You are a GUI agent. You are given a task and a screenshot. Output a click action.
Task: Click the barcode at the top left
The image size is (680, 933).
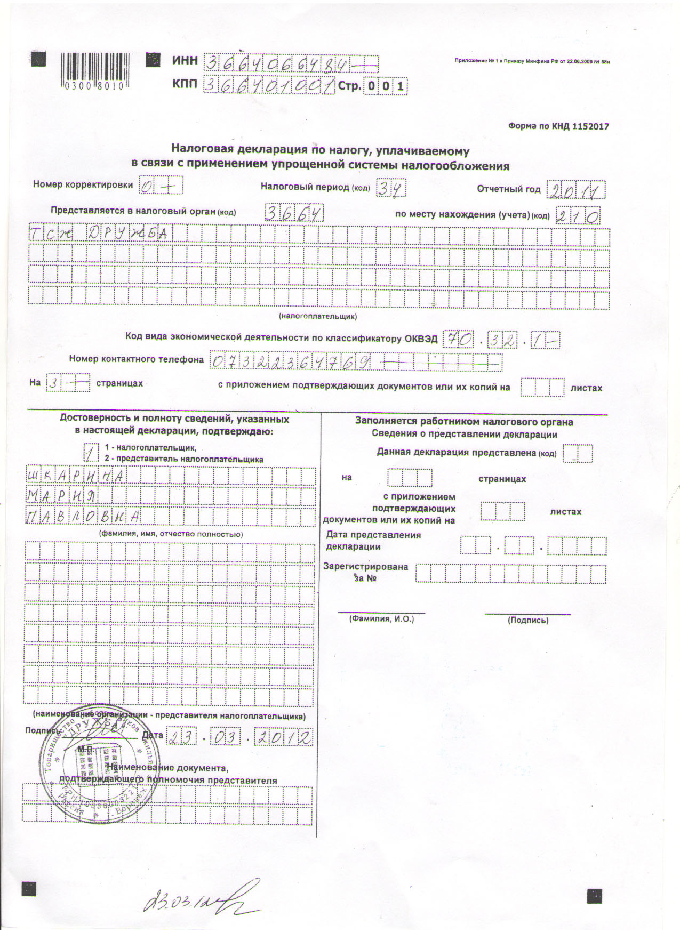click(x=92, y=71)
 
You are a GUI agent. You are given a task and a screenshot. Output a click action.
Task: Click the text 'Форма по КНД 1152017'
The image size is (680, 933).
click(x=558, y=126)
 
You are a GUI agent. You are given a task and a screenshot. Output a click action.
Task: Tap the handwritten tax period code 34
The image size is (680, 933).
click(x=391, y=188)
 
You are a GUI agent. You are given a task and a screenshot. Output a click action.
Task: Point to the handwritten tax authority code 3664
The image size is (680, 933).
click(x=294, y=213)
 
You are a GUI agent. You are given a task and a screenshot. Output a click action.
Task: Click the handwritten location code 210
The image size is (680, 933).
click(x=578, y=215)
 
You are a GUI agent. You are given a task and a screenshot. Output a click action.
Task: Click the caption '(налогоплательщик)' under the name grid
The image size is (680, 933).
click(x=318, y=316)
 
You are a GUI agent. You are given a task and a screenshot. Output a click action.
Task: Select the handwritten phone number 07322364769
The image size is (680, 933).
click(x=291, y=362)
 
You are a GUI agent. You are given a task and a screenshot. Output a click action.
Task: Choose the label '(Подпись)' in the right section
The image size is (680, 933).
click(x=528, y=620)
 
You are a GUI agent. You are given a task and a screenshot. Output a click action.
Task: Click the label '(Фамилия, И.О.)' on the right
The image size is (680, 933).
click(x=381, y=619)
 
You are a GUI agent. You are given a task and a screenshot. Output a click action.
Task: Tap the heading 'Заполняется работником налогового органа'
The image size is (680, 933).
click(x=464, y=422)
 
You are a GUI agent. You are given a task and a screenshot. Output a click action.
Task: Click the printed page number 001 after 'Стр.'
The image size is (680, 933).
click(x=386, y=86)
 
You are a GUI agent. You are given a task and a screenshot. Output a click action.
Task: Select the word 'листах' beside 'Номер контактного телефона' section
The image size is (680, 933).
click(x=586, y=388)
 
